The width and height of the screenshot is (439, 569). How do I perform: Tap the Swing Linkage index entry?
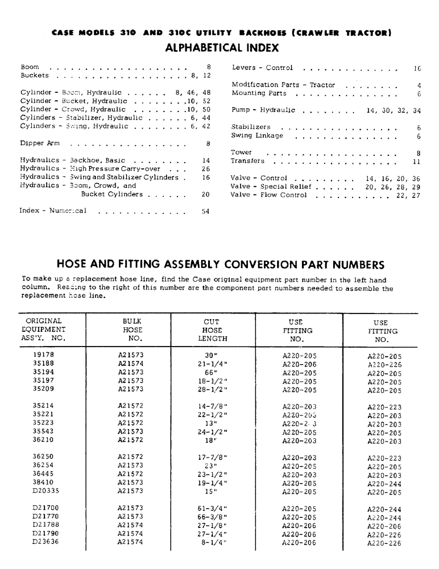tap(258, 136)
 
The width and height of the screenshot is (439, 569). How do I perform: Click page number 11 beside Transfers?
tap(416, 162)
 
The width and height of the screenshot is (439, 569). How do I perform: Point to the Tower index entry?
tap(242, 153)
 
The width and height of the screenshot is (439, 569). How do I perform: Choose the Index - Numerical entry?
tap(53, 211)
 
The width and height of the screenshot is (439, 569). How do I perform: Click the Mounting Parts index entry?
tap(259, 93)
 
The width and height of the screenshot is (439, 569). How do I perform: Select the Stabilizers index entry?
tap(251, 127)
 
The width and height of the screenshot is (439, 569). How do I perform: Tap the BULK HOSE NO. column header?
tap(131, 330)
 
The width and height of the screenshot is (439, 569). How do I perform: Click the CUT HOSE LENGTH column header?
tap(212, 330)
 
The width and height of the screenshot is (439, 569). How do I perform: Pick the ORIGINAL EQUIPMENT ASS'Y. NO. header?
tap(43, 330)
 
